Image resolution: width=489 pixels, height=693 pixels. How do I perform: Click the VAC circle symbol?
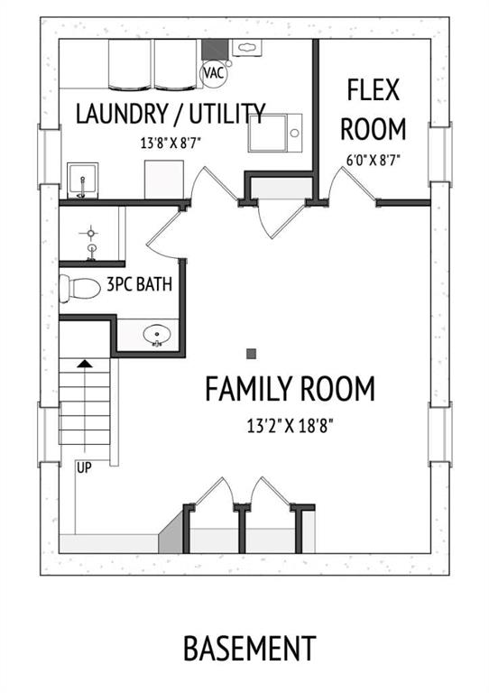click(x=214, y=73)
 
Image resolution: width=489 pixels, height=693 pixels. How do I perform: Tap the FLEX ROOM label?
click(x=374, y=109)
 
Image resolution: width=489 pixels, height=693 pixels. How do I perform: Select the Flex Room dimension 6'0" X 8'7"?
click(x=374, y=160)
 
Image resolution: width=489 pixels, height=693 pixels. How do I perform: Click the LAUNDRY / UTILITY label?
click(x=171, y=113)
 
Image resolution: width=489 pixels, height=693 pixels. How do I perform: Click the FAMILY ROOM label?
click(x=291, y=389)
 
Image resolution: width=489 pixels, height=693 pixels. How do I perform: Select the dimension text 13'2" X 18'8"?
click(x=290, y=427)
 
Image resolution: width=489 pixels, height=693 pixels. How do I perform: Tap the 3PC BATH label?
click(x=140, y=284)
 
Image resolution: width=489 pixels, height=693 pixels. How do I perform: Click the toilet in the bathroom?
click(x=80, y=288)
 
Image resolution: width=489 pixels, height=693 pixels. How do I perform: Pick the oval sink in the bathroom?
click(x=156, y=335)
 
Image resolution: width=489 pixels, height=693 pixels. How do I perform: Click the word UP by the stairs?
click(x=85, y=468)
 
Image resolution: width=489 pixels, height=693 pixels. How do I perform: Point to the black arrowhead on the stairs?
click(x=85, y=364)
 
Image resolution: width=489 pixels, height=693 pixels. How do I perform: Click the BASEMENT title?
click(x=250, y=649)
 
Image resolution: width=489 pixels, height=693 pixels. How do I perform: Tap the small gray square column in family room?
click(x=252, y=354)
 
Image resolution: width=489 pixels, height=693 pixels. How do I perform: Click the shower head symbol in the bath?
click(x=91, y=233)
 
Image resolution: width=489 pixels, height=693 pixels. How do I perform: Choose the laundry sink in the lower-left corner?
click(x=83, y=180)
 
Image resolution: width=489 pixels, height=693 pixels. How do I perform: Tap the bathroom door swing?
click(x=164, y=233)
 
